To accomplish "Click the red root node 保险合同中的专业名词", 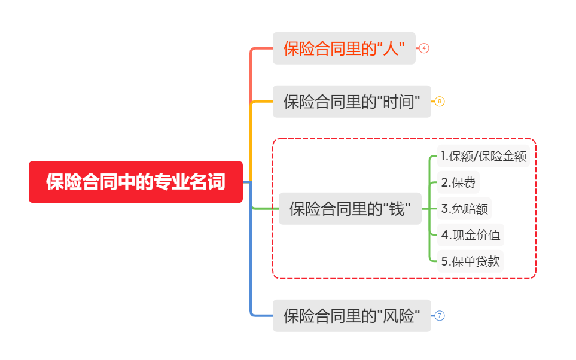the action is click(x=136, y=182).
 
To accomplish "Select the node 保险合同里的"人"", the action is click(x=344, y=48).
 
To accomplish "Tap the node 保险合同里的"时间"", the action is click(x=352, y=102).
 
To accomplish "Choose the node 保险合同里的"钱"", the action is click(x=350, y=209).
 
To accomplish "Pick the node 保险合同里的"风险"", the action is click(x=352, y=316).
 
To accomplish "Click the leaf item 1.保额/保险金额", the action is click(x=484, y=157).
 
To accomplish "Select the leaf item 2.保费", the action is click(x=458, y=182).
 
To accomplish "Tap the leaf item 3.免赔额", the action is click(x=464, y=209).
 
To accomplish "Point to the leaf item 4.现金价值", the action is click(x=470, y=235).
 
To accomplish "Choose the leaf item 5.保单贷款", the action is click(x=470, y=261).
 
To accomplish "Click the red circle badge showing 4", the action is click(x=424, y=48).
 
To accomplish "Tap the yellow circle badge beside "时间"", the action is click(x=440, y=102).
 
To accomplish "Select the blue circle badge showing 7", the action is click(x=440, y=316).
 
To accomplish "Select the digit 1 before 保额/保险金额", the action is click(x=443, y=157).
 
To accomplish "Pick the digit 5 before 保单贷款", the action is click(x=444, y=261).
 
